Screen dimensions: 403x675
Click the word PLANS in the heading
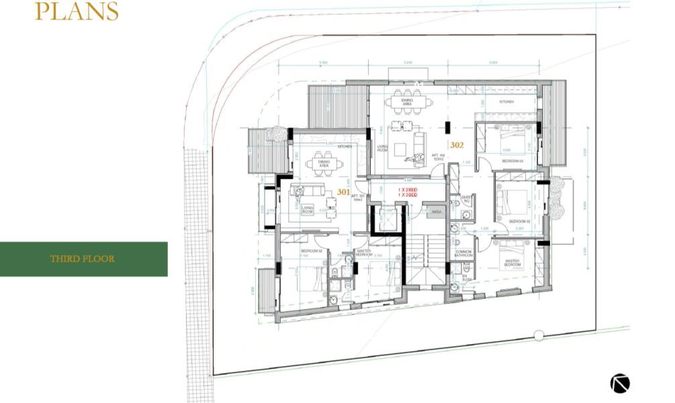[77, 11]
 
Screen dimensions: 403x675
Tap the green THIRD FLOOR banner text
[82, 259]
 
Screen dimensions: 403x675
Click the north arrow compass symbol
[620, 383]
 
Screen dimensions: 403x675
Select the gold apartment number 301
[343, 191]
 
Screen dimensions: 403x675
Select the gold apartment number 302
[457, 144]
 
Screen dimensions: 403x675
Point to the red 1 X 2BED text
[408, 191]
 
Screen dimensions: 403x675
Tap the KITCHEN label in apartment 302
[506, 101]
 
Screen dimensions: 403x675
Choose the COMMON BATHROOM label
[463, 254]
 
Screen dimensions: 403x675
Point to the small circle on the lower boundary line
[538, 334]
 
